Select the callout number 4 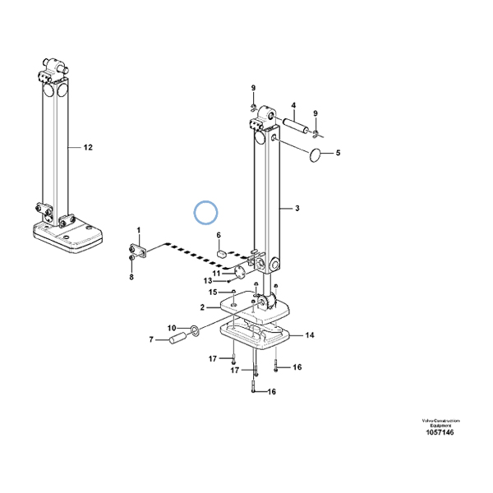click(x=292, y=106)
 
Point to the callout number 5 click(x=335, y=152)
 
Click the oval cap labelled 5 click(x=316, y=154)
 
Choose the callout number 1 click(x=138, y=230)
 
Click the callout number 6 click(x=219, y=237)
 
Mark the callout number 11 click(x=218, y=274)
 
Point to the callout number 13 click(x=209, y=281)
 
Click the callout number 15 click(x=211, y=292)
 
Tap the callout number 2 click(x=202, y=307)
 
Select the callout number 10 click(x=171, y=329)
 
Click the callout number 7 click(x=150, y=339)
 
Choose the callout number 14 click(x=309, y=335)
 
